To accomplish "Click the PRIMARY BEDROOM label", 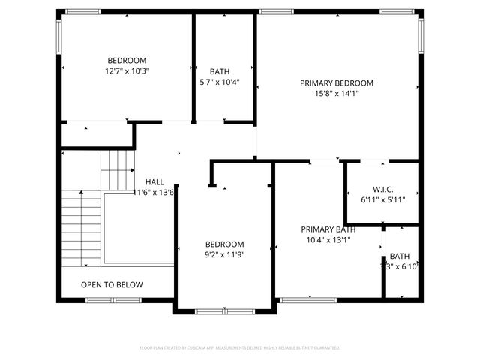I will click(x=337, y=83).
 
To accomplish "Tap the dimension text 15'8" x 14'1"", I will click(x=337, y=94).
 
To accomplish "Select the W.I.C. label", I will click(x=383, y=190).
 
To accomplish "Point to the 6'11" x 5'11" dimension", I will click(x=383, y=200).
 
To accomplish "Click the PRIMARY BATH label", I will click(x=328, y=229).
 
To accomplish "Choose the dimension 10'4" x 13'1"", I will click(x=328, y=240).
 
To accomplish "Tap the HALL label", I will click(x=154, y=182).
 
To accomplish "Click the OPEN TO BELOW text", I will click(x=112, y=285).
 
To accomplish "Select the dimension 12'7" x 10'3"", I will click(x=127, y=71).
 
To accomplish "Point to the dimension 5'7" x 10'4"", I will click(x=220, y=82).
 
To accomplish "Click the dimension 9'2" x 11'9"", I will click(x=225, y=254).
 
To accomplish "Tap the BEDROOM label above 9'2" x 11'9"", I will click(x=225, y=244).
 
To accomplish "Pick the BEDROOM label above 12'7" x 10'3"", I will click(x=127, y=61).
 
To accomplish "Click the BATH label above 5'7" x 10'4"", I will click(x=220, y=71).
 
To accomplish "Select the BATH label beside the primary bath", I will click(x=400, y=256).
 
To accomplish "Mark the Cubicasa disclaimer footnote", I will click(x=240, y=348).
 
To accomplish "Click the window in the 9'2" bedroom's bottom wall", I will click(x=223, y=310).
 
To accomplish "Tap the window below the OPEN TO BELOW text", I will click(x=112, y=300).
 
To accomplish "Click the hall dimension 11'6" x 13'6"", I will click(x=154, y=193).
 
